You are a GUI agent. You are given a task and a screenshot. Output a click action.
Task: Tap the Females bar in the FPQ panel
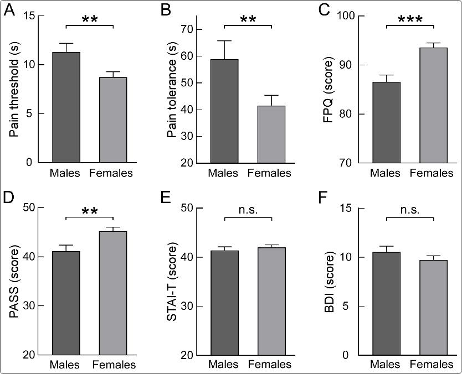433,105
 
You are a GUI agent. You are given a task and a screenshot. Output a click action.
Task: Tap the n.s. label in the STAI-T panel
248,210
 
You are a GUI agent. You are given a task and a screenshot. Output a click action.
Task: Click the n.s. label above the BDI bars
409,210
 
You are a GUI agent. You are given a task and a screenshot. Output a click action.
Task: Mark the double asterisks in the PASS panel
89,212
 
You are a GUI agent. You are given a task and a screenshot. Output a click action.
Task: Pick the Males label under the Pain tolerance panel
225,173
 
